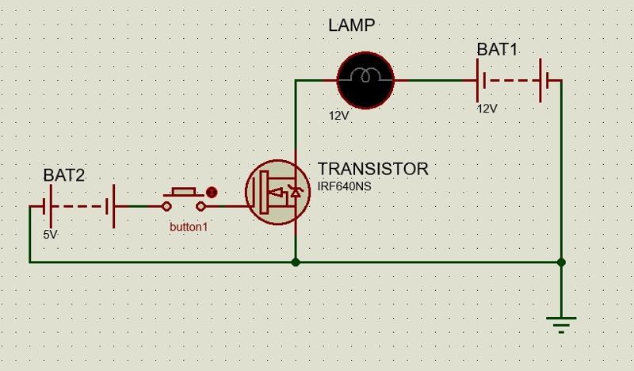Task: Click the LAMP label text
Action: point(351,25)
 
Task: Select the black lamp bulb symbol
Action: point(365,80)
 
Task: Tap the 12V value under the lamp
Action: point(339,116)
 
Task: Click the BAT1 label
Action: point(497,49)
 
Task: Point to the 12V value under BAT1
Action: point(487,109)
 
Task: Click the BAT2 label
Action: point(64,175)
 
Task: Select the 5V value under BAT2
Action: point(50,235)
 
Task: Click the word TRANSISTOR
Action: point(372,169)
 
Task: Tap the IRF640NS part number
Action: point(344,187)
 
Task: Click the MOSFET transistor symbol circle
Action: point(278,192)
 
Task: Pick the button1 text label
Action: point(189,227)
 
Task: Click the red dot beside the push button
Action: point(212,192)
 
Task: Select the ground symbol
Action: point(561,324)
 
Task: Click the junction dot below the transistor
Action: point(296,262)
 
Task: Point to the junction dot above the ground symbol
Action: point(561,262)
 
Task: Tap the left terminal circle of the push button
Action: point(166,206)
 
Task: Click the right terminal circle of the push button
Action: point(201,206)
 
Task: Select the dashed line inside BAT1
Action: point(511,81)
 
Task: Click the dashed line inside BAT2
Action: point(78,206)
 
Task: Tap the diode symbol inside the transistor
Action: point(295,191)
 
